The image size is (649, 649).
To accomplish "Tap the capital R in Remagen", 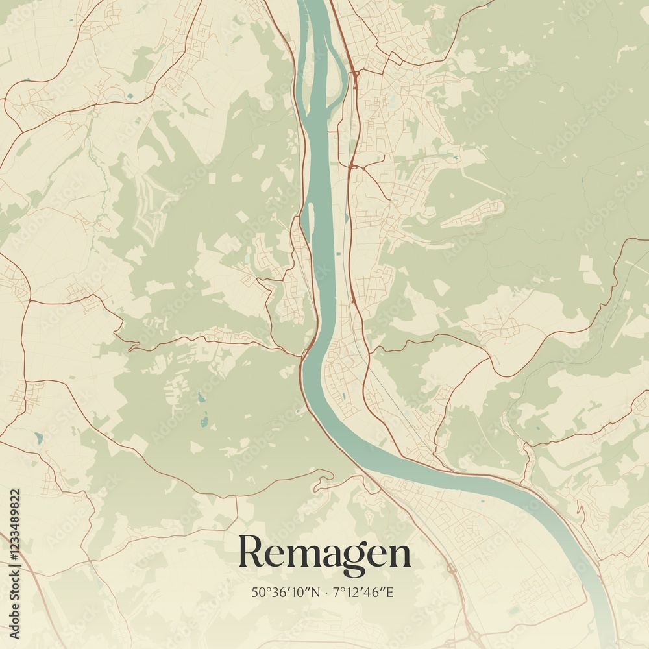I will pyautogui.click(x=250, y=552).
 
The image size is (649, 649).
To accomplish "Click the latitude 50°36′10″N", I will pyautogui.click(x=286, y=593).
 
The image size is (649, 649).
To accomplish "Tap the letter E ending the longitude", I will pyautogui.click(x=394, y=593).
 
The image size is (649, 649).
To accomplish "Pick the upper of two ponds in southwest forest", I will pyautogui.click(x=201, y=398).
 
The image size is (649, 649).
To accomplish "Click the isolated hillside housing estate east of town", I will pyautogui.click(x=474, y=214).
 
